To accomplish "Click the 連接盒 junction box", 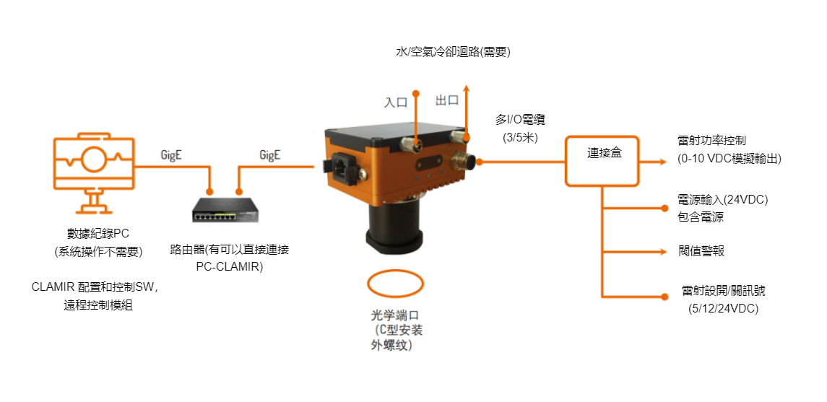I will point(602,161).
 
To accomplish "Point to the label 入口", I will point(395,102).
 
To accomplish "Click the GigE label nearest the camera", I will point(269,154).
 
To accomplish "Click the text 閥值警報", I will point(701,251).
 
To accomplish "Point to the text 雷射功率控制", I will point(712,141).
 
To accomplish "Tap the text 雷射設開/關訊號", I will point(723,292).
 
